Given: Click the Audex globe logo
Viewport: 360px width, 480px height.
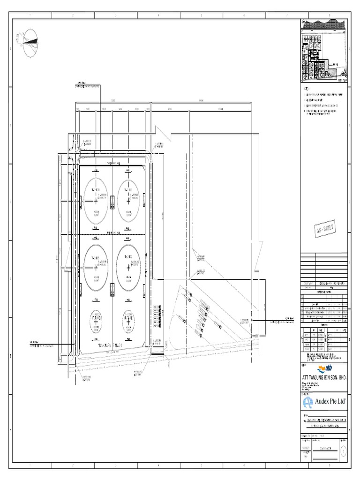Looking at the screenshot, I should coord(308,403).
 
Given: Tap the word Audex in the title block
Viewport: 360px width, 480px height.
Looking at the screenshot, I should coord(322,402).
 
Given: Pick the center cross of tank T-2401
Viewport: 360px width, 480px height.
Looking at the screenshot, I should coord(96,199).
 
